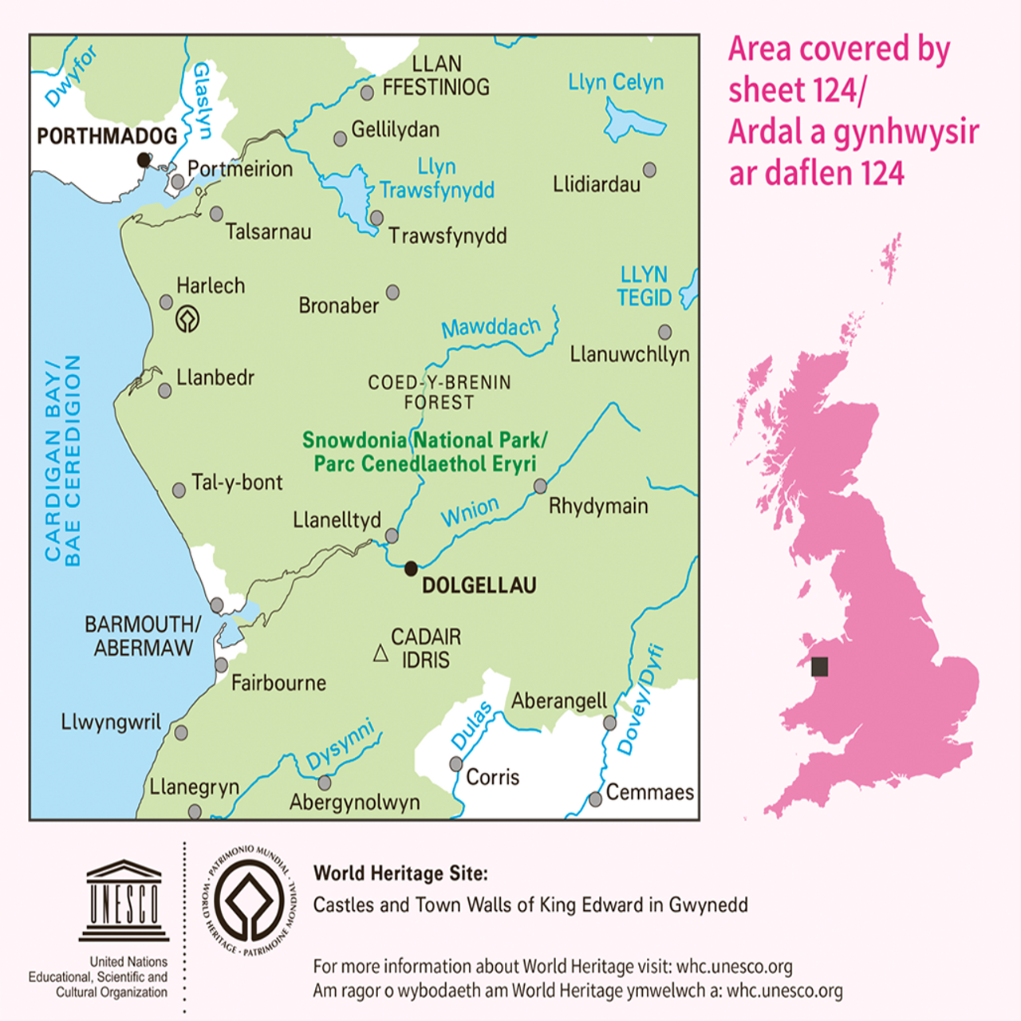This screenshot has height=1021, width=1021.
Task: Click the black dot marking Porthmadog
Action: (144, 160)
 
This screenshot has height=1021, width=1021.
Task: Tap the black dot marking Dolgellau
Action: (411, 569)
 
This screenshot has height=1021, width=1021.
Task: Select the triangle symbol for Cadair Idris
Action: (381, 654)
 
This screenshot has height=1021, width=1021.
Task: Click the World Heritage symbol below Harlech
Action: (187, 319)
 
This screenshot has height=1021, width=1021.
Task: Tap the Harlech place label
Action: (211, 286)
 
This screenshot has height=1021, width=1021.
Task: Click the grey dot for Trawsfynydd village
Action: (376, 218)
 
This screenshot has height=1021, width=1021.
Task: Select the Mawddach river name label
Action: (491, 327)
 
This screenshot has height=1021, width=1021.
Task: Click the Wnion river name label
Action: (470, 511)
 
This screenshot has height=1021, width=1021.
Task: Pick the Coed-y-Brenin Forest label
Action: (440, 392)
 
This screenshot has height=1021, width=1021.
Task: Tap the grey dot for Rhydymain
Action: (540, 486)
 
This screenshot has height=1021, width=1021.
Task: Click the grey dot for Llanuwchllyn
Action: (664, 332)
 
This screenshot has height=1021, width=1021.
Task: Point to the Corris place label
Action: (492, 777)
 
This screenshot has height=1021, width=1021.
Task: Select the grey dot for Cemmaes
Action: (595, 799)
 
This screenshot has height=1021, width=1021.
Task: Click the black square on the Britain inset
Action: (819, 667)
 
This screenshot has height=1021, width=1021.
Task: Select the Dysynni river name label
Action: (341, 745)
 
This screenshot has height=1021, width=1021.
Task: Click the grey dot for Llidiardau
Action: (649, 170)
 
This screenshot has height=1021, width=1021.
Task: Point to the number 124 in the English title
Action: (829, 90)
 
